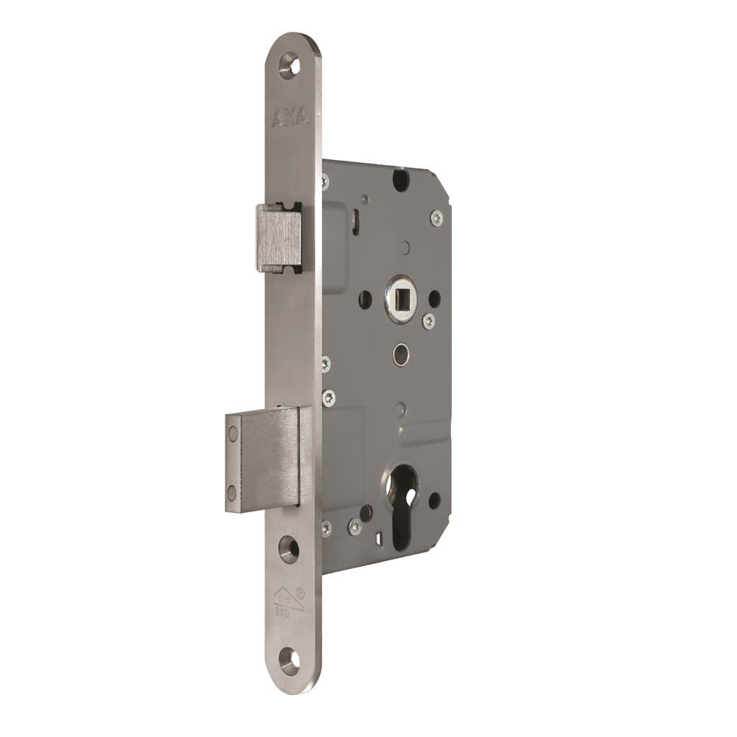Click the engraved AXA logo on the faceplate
(290, 116)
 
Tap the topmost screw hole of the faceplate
(290, 65)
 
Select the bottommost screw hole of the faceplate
(289, 660)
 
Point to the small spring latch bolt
(279, 238)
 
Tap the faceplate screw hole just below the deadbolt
(289, 549)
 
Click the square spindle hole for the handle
(402, 298)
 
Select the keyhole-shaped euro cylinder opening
(404, 501)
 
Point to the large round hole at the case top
(401, 179)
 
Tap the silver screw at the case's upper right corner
(437, 218)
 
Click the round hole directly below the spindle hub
(400, 354)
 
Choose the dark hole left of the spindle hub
(366, 299)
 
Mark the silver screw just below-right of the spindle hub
(428, 321)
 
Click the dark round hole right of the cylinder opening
(435, 500)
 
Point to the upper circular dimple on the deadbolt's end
(234, 434)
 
